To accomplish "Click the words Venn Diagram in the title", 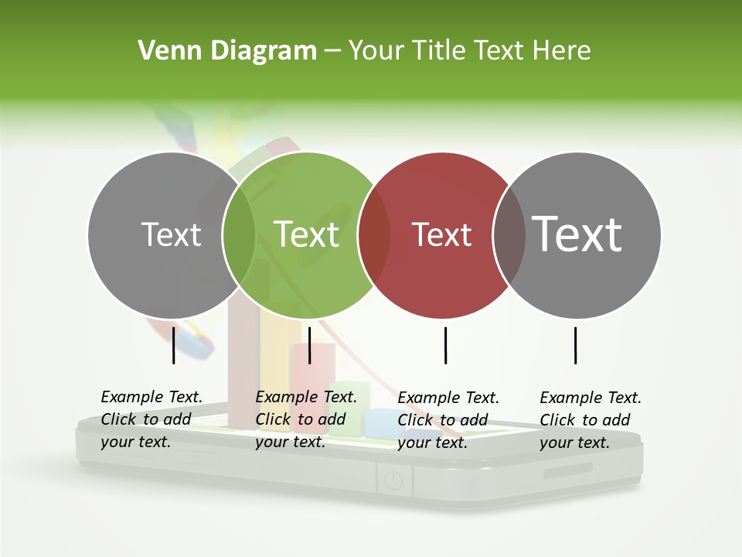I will click(227, 51).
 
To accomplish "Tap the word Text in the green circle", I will click(307, 234).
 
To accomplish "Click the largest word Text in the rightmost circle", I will click(577, 234).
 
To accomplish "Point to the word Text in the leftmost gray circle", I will click(171, 234).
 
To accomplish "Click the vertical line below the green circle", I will click(309, 345).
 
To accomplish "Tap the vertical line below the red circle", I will click(446, 345).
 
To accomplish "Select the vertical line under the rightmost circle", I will click(576, 345).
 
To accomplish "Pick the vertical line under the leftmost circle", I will click(174, 345).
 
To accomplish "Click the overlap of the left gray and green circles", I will click(239, 235).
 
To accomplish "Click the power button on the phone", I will click(393, 481).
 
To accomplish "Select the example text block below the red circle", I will click(448, 420).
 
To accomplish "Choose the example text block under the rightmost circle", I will click(590, 420).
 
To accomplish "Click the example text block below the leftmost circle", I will click(151, 419).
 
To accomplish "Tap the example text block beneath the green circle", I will click(305, 419).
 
